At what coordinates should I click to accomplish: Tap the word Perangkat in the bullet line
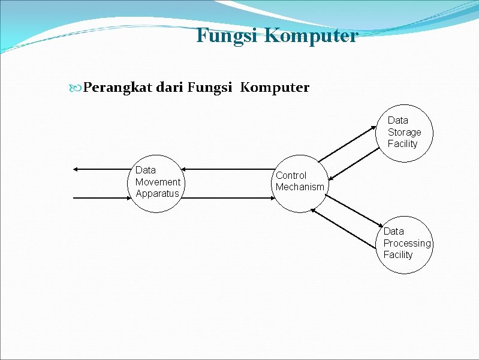[118, 88]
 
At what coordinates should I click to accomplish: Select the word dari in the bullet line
[170, 88]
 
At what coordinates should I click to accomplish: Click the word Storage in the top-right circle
[404, 132]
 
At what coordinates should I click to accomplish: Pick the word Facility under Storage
[402, 143]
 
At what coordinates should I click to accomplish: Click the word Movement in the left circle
[158, 182]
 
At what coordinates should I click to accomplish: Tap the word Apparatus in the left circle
[157, 193]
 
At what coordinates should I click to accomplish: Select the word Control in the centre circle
[291, 175]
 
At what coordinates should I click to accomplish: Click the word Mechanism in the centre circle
[300, 187]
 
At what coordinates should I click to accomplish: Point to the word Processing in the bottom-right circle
[407, 243]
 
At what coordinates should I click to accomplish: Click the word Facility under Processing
[398, 254]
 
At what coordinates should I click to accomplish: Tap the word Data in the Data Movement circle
[146, 170]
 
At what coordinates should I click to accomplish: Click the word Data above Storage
[397, 120]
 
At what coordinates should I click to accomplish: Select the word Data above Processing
[393, 231]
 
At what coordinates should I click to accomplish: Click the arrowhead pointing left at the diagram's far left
[74, 170]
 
